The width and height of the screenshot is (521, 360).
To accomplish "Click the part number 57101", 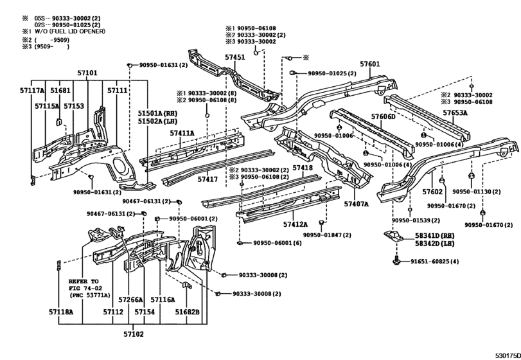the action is pyautogui.click(x=87, y=73).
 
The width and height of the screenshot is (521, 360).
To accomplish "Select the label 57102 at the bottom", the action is pyautogui.click(x=134, y=334).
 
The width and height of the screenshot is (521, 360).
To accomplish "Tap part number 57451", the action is pyautogui.click(x=235, y=57).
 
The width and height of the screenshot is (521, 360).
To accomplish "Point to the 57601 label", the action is pyautogui.click(x=370, y=64).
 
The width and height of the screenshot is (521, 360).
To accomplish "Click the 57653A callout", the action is pyautogui.click(x=455, y=113).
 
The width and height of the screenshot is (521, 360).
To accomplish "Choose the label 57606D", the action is pyautogui.click(x=384, y=116).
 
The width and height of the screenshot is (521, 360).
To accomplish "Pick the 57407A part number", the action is pyautogui.click(x=356, y=204).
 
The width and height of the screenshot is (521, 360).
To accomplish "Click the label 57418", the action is pyautogui.click(x=303, y=168).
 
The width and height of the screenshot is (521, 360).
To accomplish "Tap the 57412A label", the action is pyautogui.click(x=296, y=224).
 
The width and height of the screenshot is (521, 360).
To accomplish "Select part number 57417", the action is pyautogui.click(x=208, y=179).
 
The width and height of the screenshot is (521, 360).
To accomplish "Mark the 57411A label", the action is pyautogui.click(x=182, y=133).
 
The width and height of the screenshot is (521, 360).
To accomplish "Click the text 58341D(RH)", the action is pyautogui.click(x=435, y=236).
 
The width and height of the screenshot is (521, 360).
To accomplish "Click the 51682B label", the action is pyautogui.click(x=188, y=312).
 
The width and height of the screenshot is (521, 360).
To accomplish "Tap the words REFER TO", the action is pyautogui.click(x=84, y=281).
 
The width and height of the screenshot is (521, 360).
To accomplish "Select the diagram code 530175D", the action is pyautogui.click(x=508, y=355).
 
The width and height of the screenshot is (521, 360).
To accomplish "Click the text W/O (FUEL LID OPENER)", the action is pyautogui.click(x=70, y=32).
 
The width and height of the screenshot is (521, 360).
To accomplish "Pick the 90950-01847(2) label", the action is pyautogui.click(x=327, y=235).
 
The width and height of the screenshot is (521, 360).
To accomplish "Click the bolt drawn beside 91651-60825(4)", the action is pyautogui.click(x=396, y=260).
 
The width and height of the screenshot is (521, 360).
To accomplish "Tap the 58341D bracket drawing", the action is pyautogui.click(x=394, y=236).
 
